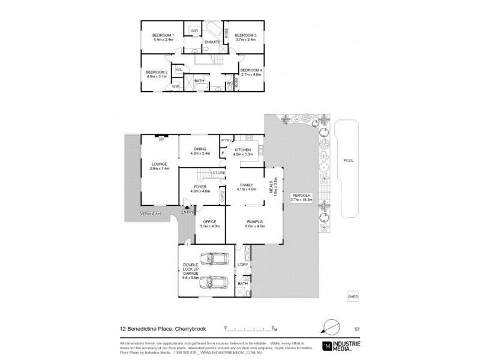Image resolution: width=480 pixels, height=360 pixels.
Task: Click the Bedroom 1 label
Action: [x=163, y=35]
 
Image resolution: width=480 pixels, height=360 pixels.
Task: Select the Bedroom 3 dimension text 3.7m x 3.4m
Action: [x=245, y=40]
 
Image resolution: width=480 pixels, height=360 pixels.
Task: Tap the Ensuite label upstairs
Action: [x=212, y=42]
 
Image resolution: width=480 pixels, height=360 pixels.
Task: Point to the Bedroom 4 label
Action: [x=251, y=70]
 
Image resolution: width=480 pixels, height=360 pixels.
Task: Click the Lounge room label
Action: [x=159, y=164]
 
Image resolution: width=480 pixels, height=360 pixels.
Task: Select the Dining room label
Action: [x=200, y=149]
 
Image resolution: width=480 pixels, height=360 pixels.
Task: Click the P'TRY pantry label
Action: [x=226, y=140]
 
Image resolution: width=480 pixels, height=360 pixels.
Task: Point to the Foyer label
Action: [x=200, y=186]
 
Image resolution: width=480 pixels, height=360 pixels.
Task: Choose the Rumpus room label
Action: [x=254, y=221]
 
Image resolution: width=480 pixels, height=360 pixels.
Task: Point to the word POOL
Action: [x=349, y=161]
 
